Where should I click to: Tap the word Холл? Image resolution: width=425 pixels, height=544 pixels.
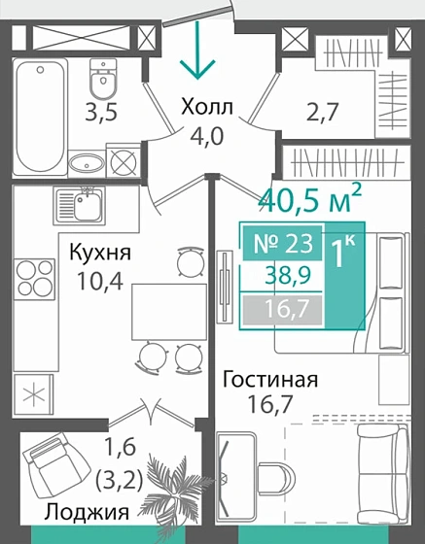point(208,107)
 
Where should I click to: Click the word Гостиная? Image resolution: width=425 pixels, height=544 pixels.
point(269,378)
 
